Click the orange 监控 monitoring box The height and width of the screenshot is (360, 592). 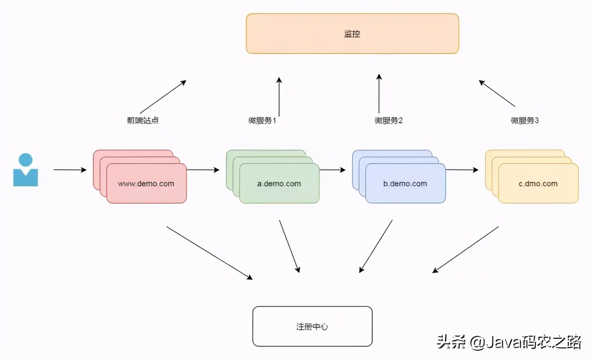click(352, 34)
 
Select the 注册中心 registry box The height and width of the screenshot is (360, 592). click(312, 326)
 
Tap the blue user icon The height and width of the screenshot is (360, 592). click(25, 170)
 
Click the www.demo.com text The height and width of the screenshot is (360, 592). click(146, 184)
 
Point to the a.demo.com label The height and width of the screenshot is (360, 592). click(279, 184)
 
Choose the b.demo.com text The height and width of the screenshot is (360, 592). click(405, 184)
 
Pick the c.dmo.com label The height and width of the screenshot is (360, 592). click(538, 184)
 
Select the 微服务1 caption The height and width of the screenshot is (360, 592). click(262, 121)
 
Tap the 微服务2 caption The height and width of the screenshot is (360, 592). click(389, 121)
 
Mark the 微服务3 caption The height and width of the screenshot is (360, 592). click(525, 121)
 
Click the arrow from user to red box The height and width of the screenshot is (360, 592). click(70, 170)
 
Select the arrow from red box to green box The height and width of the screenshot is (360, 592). click(203, 170)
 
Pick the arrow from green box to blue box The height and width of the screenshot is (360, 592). click(332, 170)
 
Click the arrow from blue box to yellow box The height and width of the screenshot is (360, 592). click(462, 170)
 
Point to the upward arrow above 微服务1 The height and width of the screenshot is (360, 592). click(279, 96)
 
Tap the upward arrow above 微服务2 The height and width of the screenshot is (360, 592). click(379, 93)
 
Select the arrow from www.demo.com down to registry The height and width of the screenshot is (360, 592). click(210, 253)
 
